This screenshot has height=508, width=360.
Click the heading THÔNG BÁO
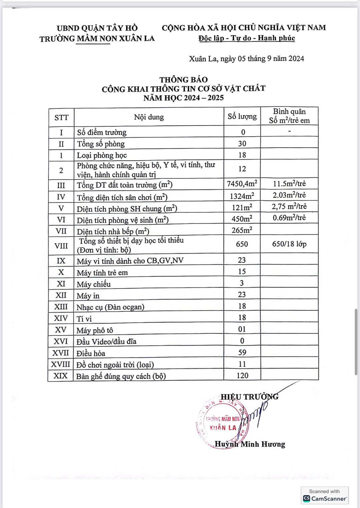pyautogui.click(x=183, y=79)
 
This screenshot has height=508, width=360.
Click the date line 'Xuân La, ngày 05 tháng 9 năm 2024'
pyautogui.click(x=246, y=59)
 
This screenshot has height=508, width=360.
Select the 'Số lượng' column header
pyautogui.click(x=242, y=116)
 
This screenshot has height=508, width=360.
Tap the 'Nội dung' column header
pyautogui.click(x=149, y=117)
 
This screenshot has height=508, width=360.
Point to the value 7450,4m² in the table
pyautogui.click(x=242, y=183)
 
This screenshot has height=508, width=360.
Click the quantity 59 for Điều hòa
pyautogui.click(x=242, y=352)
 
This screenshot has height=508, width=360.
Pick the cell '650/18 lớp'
pyautogui.click(x=289, y=244)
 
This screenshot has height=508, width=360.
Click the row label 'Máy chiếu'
pyautogui.click(x=94, y=284)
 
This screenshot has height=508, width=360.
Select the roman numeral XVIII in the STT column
pyautogui.click(x=60, y=364)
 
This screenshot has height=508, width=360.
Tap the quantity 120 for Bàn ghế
pyautogui.click(x=242, y=375)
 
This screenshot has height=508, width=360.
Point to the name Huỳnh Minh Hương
pyautogui.click(x=250, y=444)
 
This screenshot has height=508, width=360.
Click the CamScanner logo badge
pyautogui.click(x=325, y=495)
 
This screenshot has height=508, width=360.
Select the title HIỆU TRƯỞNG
pyautogui.click(x=249, y=396)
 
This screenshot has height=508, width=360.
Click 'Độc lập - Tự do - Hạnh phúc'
pyautogui.click(x=246, y=38)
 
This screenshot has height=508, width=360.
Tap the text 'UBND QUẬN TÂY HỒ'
pyautogui.click(x=97, y=28)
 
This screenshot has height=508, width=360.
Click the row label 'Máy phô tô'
pyautogui.click(x=95, y=330)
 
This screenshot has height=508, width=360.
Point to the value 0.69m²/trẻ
pyautogui.click(x=289, y=218)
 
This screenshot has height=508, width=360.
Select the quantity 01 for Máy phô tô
pyautogui.click(x=242, y=329)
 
